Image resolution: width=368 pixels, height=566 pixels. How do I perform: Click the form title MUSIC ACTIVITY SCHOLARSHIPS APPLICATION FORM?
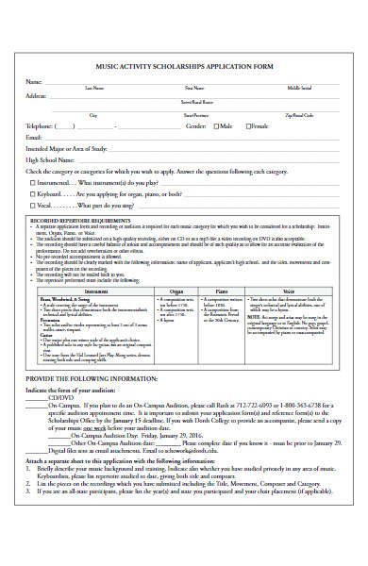[185, 68]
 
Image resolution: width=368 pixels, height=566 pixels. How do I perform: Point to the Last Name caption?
[95, 88]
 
